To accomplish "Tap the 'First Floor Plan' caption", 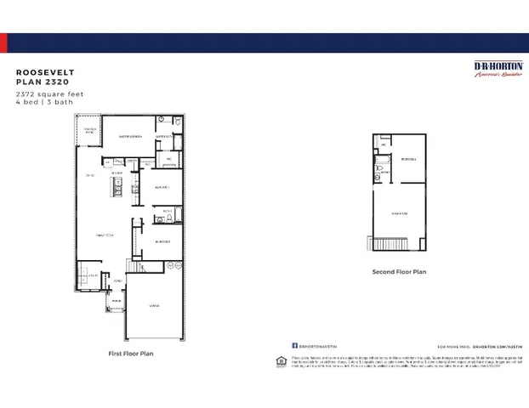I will (x=132, y=353).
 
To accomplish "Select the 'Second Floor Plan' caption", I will (x=399, y=272).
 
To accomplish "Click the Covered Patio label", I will (x=88, y=130).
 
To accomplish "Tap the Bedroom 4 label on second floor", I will (x=408, y=159).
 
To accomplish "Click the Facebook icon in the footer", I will (x=295, y=346).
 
